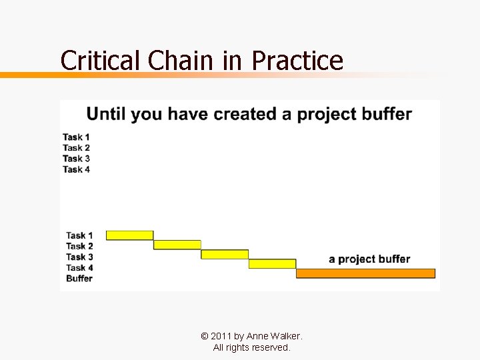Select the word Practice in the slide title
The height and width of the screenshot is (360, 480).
pos(297,61)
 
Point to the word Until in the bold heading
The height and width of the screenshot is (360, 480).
pos(106,114)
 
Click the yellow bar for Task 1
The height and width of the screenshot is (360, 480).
pos(129,235)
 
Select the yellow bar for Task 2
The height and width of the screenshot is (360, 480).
pos(177,245)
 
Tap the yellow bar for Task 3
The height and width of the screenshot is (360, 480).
pos(225,254)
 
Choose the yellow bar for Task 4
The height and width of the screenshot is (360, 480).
pos(272,264)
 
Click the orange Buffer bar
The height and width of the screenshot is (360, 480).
pos(365,273)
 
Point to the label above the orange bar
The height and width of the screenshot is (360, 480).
pos(369,259)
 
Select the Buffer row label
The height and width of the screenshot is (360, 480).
pos(79,278)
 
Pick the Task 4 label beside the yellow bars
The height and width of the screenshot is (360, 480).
pos(79,267)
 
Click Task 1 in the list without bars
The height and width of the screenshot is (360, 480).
pos(76,137)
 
